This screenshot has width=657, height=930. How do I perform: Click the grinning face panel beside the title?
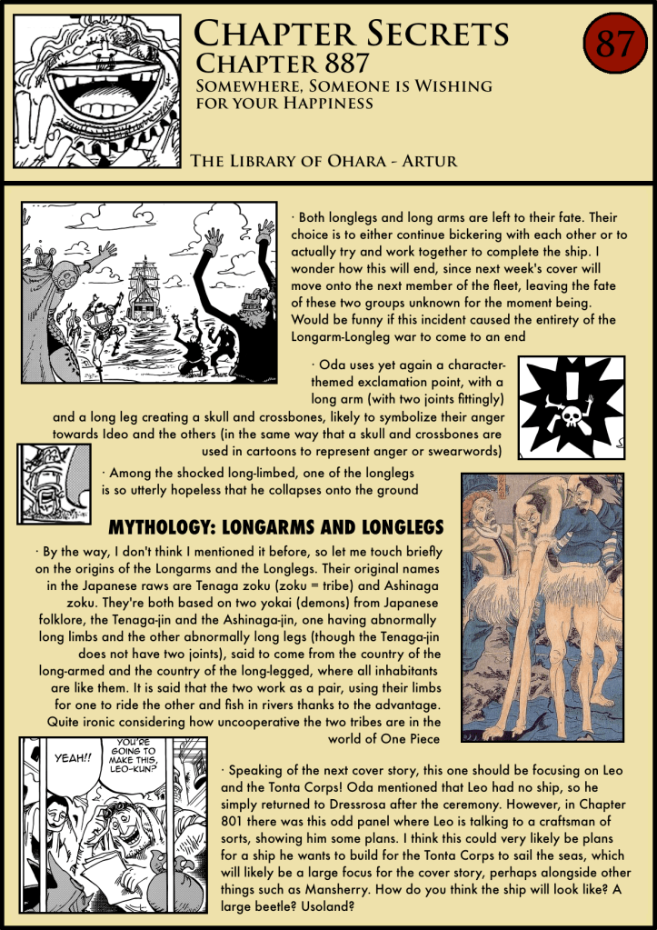99,88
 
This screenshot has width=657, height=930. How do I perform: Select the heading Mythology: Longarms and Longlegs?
275,527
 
